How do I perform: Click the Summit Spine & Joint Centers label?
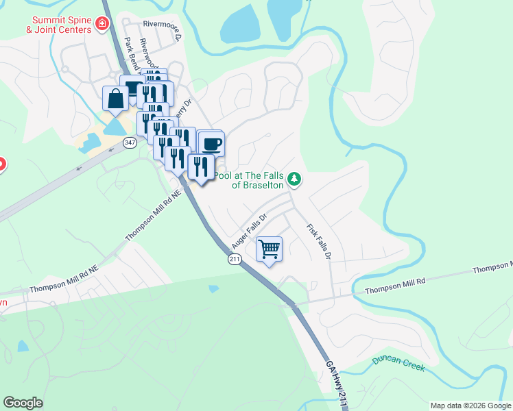[58, 25]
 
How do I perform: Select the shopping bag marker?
[115, 99]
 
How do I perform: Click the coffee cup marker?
[211, 144]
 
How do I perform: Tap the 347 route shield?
[130, 142]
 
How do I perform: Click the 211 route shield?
[235, 259]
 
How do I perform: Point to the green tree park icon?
[294, 179]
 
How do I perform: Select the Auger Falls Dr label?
[248, 231]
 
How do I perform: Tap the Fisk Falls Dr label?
[319, 242]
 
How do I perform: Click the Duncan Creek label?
[398, 364]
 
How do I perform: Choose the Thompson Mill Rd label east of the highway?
[395, 286]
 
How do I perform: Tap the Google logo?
[23, 403]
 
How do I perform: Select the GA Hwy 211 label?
[334, 384]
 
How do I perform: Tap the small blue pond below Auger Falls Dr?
[214, 289]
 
